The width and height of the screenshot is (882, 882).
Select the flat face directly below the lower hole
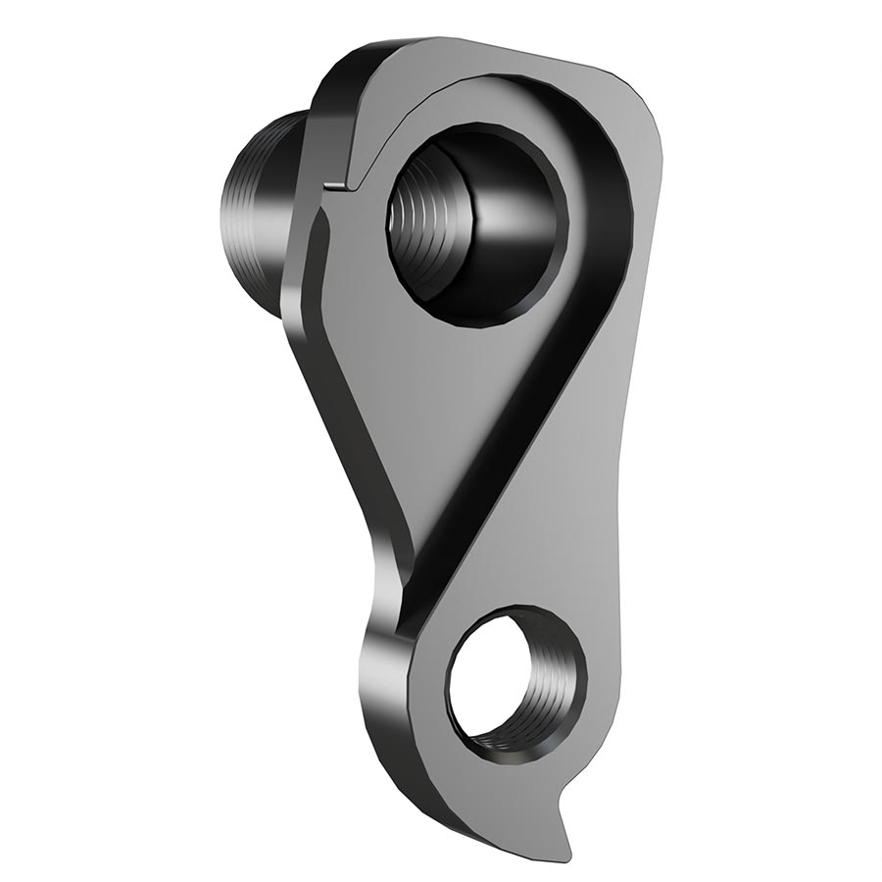coord(510,784)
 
